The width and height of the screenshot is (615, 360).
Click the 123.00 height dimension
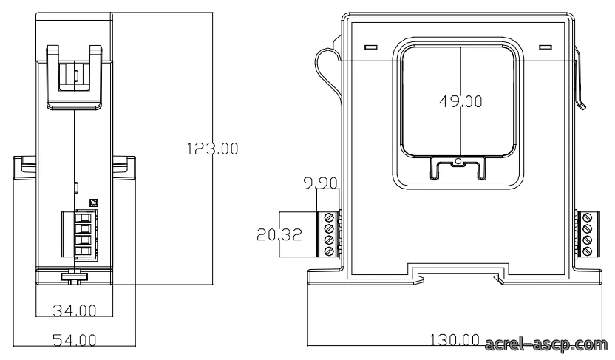click(212, 149)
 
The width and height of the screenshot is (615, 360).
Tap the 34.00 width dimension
click(75, 311)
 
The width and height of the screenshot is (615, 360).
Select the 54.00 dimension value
click(75, 340)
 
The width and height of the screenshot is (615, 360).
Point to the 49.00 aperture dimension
click(461, 101)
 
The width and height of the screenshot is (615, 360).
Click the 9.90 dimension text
click(321, 183)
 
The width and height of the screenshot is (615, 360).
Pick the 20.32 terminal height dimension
click(279, 234)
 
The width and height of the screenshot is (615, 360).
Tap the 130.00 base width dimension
click(455, 339)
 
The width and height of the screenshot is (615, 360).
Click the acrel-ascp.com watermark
click(546, 344)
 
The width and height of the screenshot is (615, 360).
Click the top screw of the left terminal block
click(330, 217)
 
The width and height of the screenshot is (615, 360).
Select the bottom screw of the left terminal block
click(330, 251)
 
